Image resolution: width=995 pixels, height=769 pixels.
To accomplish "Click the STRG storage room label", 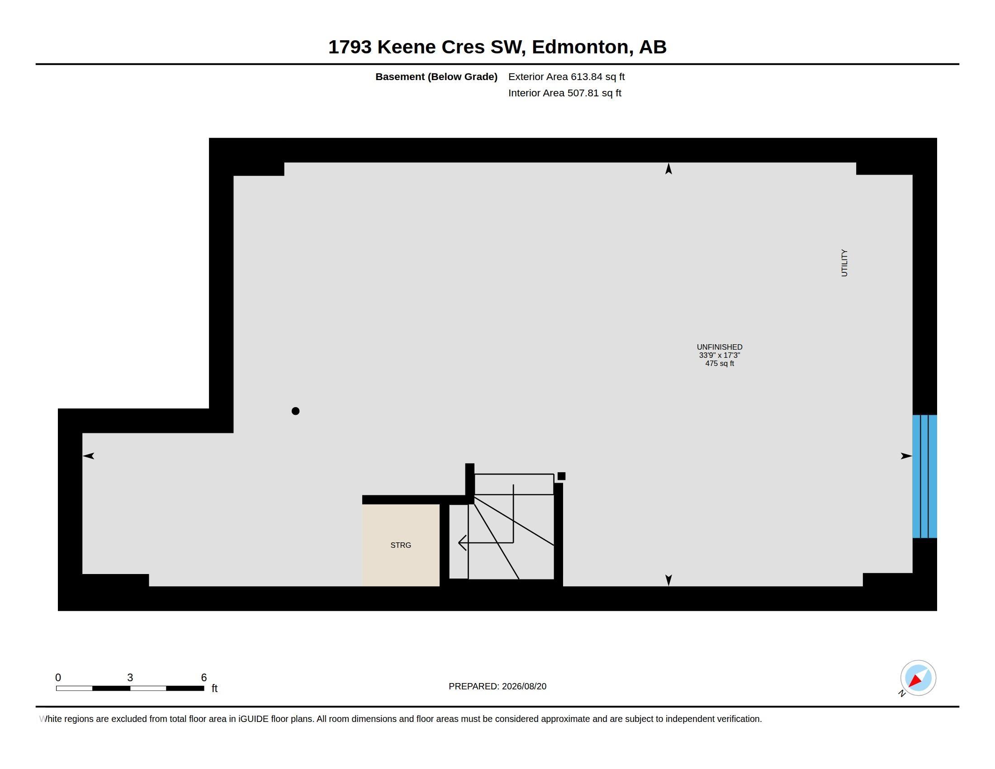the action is pyautogui.click(x=400, y=545).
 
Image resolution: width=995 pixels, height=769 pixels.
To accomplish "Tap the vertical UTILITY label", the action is pyautogui.click(x=844, y=263).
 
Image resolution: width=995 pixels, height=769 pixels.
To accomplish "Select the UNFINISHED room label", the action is pyautogui.click(x=720, y=347).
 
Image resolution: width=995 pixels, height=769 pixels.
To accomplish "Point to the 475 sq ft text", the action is pyautogui.click(x=720, y=364).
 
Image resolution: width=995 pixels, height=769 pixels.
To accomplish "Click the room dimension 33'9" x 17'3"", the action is pyautogui.click(x=720, y=356).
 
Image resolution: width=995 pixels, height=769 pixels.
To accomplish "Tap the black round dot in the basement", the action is pyautogui.click(x=295, y=411).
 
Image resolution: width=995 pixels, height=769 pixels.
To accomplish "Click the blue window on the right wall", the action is pyautogui.click(x=924, y=476).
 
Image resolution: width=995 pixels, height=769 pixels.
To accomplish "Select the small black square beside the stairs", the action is pyautogui.click(x=561, y=476).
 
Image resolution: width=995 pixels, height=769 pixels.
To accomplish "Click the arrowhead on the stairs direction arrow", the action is pyautogui.click(x=461, y=542).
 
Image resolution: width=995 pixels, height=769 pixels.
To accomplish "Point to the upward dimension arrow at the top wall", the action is pyautogui.click(x=668, y=169).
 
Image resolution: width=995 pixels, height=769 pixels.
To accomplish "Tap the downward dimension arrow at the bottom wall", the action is pyautogui.click(x=668, y=580).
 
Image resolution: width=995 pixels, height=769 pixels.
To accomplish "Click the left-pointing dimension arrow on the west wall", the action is pyautogui.click(x=88, y=456).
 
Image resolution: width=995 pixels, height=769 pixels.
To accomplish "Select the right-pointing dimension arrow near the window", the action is pyautogui.click(x=906, y=456).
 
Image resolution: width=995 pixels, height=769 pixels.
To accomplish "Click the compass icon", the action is pyautogui.click(x=918, y=678).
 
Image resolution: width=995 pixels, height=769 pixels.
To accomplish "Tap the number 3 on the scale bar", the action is pyautogui.click(x=130, y=678).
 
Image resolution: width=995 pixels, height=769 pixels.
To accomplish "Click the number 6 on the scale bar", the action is pyautogui.click(x=204, y=678).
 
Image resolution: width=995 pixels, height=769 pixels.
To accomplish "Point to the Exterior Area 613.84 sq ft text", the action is pyautogui.click(x=566, y=76).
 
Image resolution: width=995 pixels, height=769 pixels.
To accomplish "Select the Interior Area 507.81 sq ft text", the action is pyautogui.click(x=564, y=93).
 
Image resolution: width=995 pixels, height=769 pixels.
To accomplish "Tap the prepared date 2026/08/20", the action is pyautogui.click(x=524, y=686).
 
